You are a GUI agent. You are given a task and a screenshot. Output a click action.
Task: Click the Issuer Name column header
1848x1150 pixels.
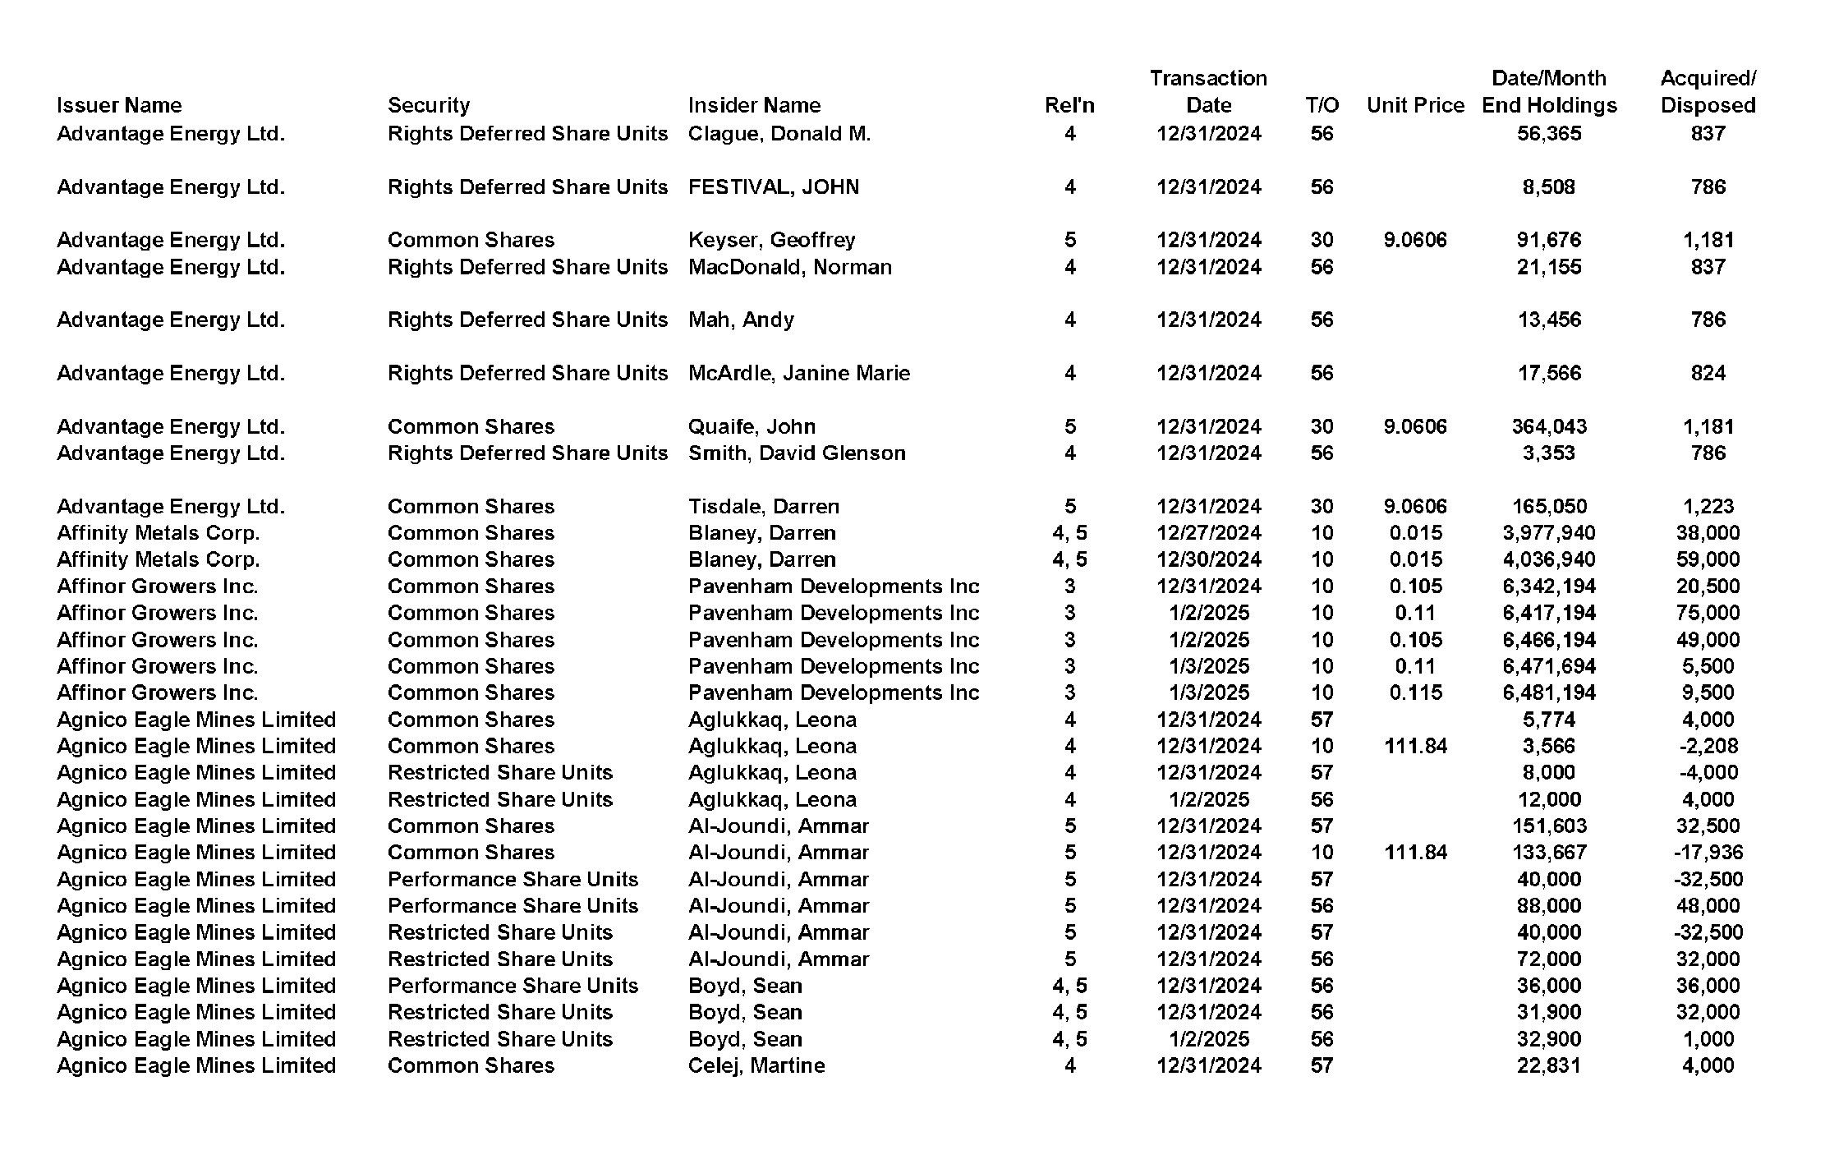(119, 105)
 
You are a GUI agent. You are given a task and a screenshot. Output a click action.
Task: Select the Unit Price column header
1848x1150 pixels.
(1415, 105)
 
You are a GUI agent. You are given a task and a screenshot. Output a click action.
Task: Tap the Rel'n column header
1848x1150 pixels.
(1069, 105)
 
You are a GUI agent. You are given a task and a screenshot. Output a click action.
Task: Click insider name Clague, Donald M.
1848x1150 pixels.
(779, 134)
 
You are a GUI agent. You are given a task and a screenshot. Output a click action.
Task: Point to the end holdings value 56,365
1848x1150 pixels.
(1548, 134)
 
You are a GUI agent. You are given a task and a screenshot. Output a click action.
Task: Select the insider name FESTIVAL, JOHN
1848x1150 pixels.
(773, 187)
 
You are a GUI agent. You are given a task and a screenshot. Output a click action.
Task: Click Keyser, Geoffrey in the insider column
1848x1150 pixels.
(771, 240)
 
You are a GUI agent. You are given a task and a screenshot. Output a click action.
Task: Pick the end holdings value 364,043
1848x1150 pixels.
(1548, 426)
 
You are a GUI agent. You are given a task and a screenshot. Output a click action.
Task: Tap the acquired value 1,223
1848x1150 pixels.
(1708, 506)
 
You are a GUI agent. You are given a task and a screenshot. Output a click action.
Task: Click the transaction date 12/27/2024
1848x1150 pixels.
(1208, 533)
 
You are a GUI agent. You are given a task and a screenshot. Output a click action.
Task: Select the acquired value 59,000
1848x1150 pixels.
(1708, 559)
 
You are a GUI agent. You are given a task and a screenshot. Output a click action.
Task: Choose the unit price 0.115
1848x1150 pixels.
(1415, 692)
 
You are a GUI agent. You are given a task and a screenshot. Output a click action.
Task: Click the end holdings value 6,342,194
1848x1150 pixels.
(1548, 586)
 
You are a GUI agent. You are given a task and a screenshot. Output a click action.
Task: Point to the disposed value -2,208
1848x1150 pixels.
(1708, 746)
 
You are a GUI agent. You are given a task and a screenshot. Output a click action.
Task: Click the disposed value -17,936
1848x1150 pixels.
(1708, 853)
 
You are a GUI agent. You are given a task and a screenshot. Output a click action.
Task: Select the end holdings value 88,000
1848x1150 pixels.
(1548, 905)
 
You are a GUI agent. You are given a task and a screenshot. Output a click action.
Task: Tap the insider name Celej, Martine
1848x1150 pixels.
(756, 1065)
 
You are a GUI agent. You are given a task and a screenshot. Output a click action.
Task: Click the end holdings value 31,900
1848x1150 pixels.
(1548, 1012)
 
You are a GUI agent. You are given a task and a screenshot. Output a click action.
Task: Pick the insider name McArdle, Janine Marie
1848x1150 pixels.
(798, 373)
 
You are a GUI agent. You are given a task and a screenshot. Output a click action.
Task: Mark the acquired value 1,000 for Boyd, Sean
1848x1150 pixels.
(1708, 1039)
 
